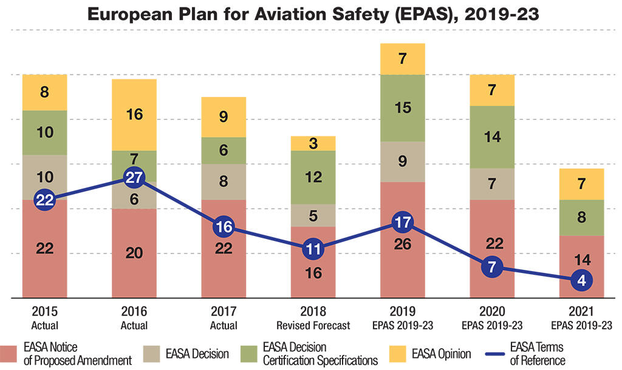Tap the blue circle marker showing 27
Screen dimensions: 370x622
click(x=134, y=178)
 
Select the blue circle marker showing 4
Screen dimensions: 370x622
click(x=582, y=280)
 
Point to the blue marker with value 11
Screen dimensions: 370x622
click(x=313, y=249)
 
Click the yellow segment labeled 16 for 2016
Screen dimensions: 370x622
click(x=134, y=115)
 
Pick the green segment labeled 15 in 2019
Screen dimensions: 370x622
click(x=403, y=108)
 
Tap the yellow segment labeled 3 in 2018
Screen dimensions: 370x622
click(x=313, y=143)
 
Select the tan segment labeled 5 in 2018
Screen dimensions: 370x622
click(x=313, y=215)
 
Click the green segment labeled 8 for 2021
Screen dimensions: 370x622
click(x=582, y=217)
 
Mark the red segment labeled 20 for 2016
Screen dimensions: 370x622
click(x=134, y=254)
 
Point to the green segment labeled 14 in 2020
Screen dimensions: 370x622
click(x=493, y=137)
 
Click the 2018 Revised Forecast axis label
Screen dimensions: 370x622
click(x=313, y=319)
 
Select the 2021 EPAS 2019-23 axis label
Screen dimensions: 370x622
click(x=582, y=319)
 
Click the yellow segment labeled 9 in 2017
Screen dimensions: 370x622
click(x=224, y=117)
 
